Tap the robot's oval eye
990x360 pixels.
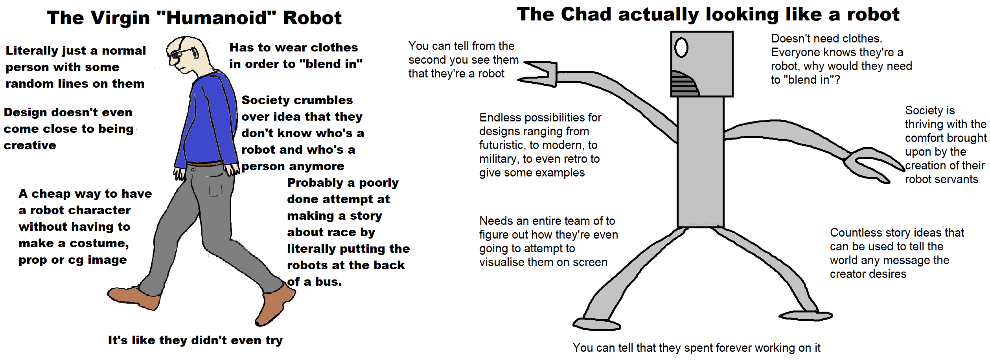click(x=681, y=48)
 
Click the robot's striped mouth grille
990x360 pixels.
click(x=684, y=84)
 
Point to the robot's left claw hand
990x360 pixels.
click(x=539, y=73)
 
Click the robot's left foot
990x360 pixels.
click(x=596, y=324)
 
